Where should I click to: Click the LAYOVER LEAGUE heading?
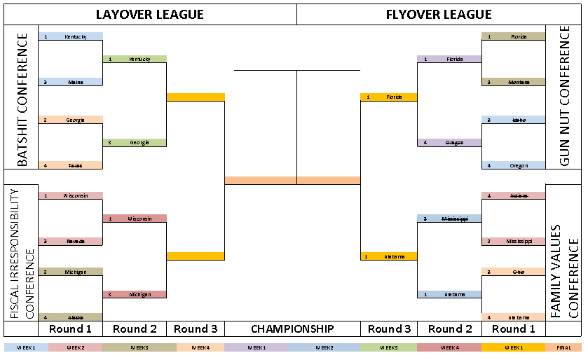click(150, 14)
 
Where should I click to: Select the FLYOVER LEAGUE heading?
click(439, 14)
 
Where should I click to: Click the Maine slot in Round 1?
click(70, 82)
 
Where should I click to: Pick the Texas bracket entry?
click(70, 165)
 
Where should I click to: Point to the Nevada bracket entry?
click(70, 241)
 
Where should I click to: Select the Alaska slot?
click(70, 317)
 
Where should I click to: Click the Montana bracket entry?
click(514, 82)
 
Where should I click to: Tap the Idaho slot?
click(514, 120)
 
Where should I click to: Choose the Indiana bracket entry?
click(514, 195)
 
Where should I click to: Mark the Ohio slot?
click(514, 271)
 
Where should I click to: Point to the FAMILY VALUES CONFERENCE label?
click(564, 271)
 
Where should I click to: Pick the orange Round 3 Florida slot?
click(388, 97)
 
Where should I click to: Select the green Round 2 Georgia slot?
click(135, 143)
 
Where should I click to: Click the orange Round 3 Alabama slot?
click(388, 256)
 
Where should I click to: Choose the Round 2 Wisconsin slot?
click(135, 219)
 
